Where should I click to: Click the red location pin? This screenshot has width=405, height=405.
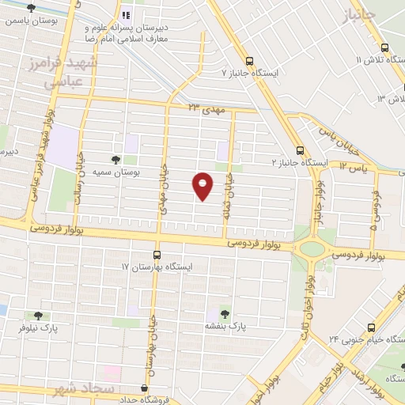[203, 186]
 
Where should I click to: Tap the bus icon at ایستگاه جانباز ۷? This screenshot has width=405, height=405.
[250, 61]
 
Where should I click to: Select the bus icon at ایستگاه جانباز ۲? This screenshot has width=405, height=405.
[300, 150]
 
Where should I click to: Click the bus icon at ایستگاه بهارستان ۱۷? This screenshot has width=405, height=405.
[157, 255]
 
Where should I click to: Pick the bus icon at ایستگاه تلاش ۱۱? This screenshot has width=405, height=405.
[384, 47]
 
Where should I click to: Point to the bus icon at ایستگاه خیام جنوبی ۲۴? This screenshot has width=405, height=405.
[373, 327]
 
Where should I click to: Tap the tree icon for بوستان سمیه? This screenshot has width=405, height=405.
[117, 161]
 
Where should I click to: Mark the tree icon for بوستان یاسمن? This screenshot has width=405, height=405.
[31, 7]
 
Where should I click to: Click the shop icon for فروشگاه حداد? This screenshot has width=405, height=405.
[143, 388]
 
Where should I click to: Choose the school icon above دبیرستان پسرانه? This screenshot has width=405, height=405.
[127, 14]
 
